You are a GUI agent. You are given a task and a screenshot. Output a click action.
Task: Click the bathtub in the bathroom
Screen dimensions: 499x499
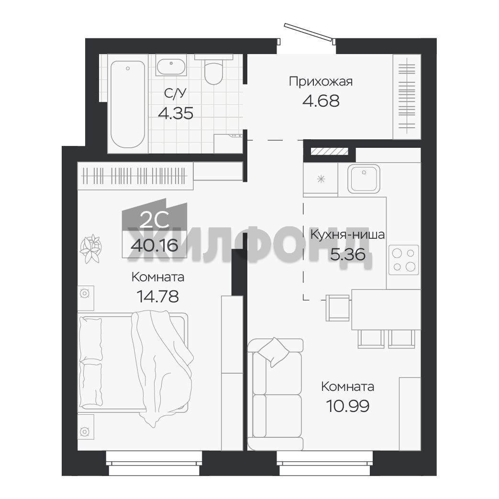click(x=128, y=104)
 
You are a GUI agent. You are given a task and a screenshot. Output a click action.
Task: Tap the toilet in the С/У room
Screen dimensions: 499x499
click(x=213, y=70)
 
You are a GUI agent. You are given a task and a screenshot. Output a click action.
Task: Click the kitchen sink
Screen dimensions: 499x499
click(x=364, y=179)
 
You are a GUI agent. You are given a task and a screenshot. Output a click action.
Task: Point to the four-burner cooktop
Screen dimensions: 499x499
click(x=403, y=260)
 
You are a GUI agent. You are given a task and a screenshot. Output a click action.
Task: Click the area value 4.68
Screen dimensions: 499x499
click(x=321, y=101)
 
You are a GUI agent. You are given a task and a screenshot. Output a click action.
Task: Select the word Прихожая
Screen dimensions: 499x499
click(x=321, y=82)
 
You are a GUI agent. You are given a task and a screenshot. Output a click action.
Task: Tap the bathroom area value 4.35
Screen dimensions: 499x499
click(x=176, y=113)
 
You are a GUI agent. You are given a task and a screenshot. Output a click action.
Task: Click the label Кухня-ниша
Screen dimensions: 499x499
click(x=347, y=235)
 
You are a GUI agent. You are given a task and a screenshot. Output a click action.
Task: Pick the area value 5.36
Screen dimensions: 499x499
click(x=347, y=254)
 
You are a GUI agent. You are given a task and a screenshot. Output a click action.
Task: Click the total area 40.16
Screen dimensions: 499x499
click(x=155, y=245)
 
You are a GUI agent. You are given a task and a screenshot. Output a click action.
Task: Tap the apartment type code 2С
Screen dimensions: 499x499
click(x=155, y=221)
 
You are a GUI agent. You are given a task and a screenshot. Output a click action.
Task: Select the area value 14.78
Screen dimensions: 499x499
click(x=158, y=297)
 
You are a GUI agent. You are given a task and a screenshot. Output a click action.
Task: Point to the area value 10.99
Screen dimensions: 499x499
click(x=347, y=406)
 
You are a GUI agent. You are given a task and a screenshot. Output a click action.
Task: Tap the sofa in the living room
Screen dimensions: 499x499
click(x=275, y=394)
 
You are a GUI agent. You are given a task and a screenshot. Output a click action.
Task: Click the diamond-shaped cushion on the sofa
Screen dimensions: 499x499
click(x=273, y=352)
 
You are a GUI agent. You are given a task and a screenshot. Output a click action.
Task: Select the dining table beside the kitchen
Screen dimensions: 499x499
click(x=386, y=310)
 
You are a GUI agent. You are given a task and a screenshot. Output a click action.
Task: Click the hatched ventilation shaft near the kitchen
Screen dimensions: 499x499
click(x=329, y=151)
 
